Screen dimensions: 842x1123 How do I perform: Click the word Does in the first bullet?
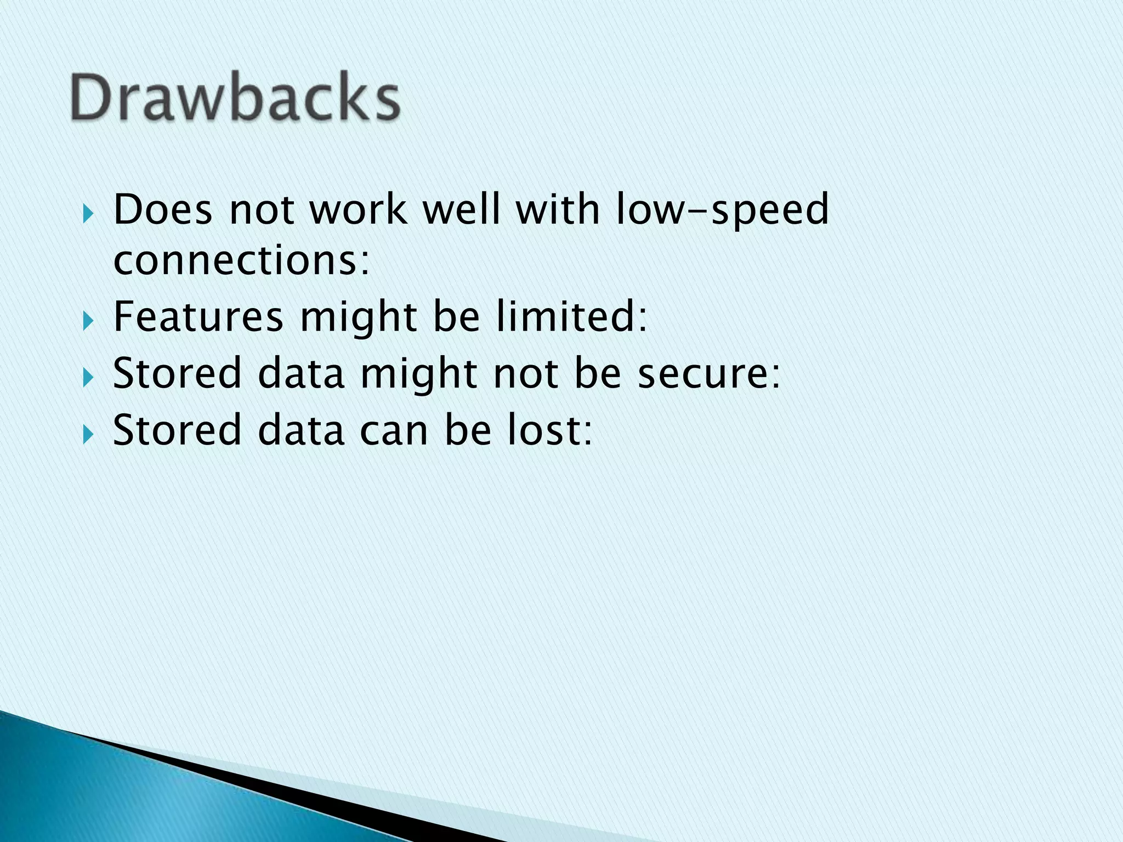click(x=162, y=209)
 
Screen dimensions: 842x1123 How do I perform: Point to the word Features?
click(x=198, y=317)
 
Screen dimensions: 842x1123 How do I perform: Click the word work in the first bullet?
click(x=359, y=209)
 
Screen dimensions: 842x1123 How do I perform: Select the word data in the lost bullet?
click(x=301, y=430)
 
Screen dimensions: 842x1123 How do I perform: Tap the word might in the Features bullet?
click(x=358, y=318)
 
